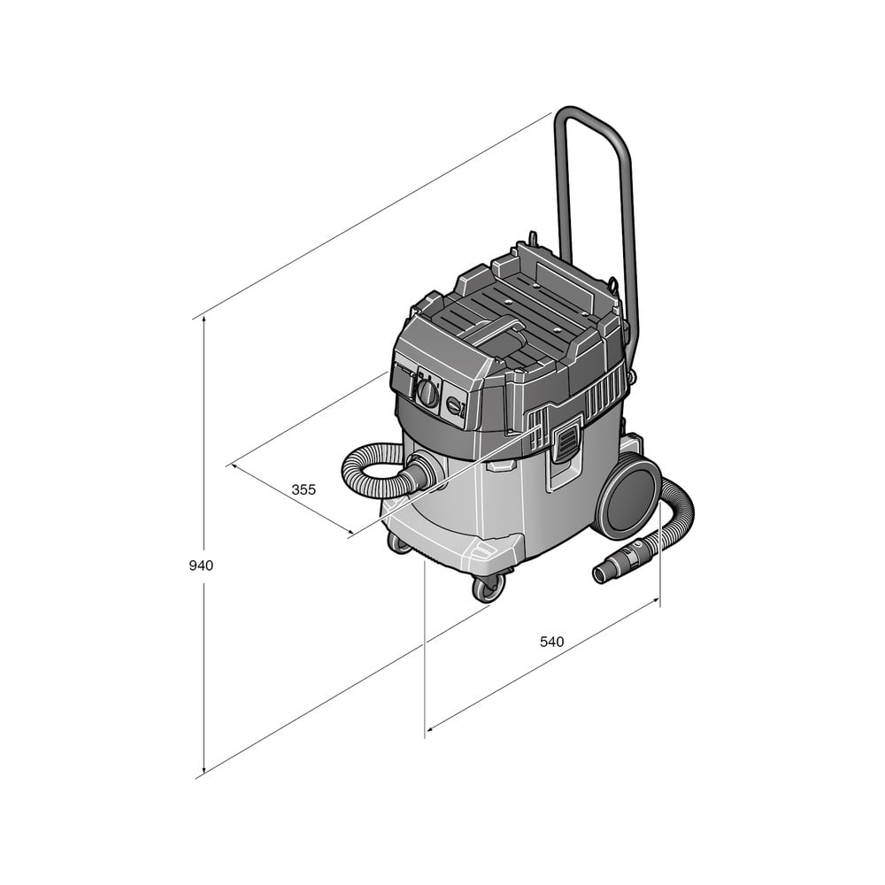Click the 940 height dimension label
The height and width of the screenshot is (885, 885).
coord(201,565)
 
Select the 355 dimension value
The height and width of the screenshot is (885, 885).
coord(304,489)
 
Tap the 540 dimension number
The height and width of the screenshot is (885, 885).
coord(551,642)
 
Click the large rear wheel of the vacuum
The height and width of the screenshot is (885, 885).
coord(628,494)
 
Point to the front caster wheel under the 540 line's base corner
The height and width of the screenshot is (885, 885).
coord(488,589)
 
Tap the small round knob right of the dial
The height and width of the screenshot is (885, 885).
coord(454,405)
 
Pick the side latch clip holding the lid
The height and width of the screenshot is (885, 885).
coord(566,437)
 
